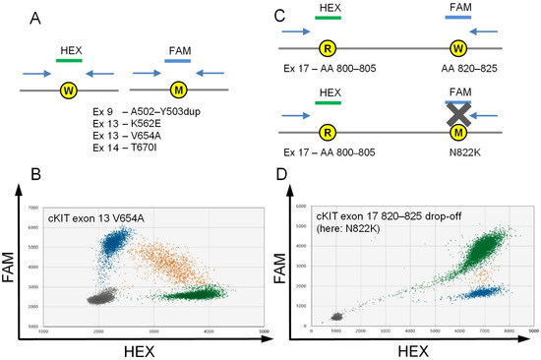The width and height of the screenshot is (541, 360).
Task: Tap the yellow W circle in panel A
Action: pos(69,90)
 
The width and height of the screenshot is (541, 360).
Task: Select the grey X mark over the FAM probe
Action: pos(457,115)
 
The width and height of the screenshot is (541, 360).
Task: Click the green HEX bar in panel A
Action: pos(70,60)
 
